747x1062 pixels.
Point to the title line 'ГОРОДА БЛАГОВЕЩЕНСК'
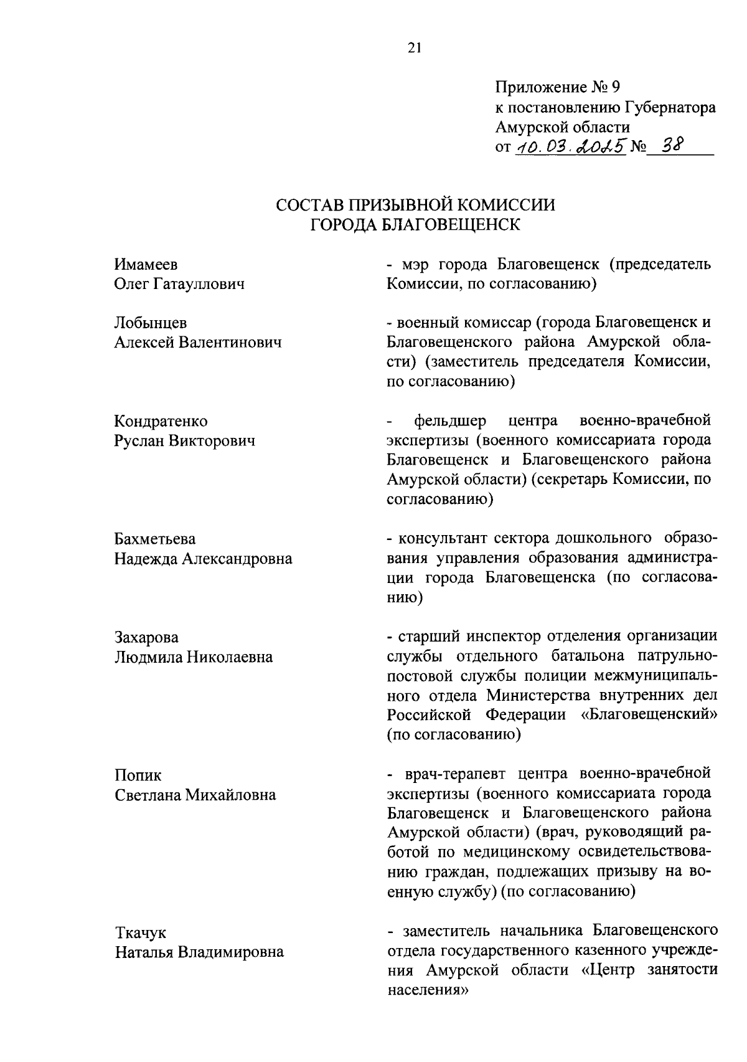(x=415, y=225)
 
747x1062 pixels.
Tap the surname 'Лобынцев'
(x=151, y=323)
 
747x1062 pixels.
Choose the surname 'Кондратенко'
(x=161, y=421)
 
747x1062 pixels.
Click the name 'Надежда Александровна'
(x=203, y=559)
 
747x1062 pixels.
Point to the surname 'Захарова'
(x=146, y=637)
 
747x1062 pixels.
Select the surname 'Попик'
(x=138, y=775)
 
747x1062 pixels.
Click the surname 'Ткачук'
(x=141, y=932)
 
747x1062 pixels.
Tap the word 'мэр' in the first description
(x=415, y=264)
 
